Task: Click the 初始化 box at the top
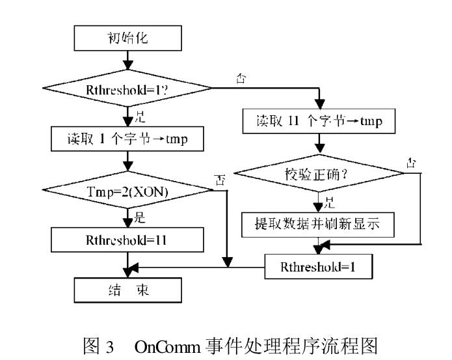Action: (127, 38)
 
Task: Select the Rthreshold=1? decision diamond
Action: (127, 88)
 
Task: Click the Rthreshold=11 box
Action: (127, 239)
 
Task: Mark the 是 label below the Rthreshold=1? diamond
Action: (139, 117)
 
